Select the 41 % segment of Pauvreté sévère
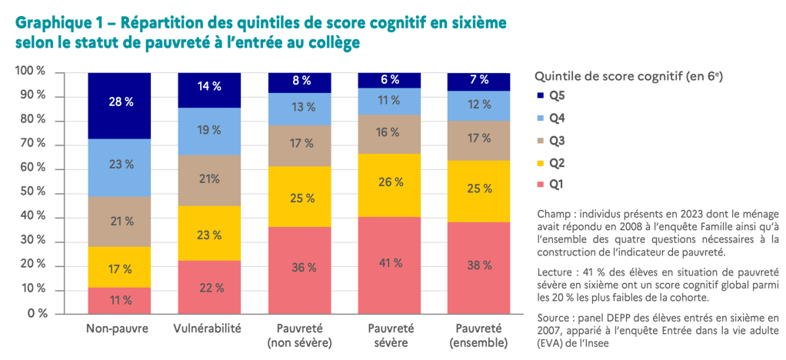coord(390,264)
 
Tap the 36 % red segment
coord(299,268)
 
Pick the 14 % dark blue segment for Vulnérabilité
coord(209,87)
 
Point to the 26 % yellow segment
coord(390,183)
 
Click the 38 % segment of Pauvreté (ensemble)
coord(480,266)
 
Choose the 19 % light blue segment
coord(209,131)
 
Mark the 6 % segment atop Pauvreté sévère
coord(390,79)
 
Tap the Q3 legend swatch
coord(539,141)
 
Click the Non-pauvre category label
coord(119,328)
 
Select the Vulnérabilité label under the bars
coord(209,328)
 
